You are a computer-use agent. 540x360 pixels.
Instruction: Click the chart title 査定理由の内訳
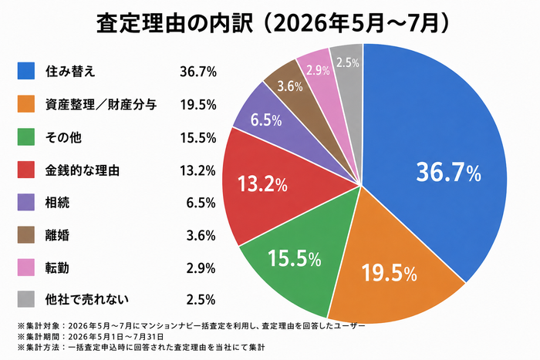click(174, 23)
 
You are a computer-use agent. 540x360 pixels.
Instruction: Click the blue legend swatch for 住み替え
click(26, 71)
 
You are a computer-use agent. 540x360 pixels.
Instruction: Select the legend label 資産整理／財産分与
click(101, 104)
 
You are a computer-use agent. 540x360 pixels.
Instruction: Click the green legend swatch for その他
click(26, 136)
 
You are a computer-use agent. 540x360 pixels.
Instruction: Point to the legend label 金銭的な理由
click(83, 170)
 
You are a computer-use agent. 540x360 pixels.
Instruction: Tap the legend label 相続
click(57, 203)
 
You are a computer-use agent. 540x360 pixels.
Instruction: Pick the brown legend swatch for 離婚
click(26, 234)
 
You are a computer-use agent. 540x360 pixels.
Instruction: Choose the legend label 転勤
click(57, 267)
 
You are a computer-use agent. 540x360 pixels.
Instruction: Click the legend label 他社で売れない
click(86, 299)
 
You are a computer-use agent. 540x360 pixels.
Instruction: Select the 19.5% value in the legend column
click(198, 105)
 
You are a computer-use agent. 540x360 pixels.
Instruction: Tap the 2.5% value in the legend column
click(201, 299)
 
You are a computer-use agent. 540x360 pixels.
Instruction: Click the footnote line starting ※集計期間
click(90, 336)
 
